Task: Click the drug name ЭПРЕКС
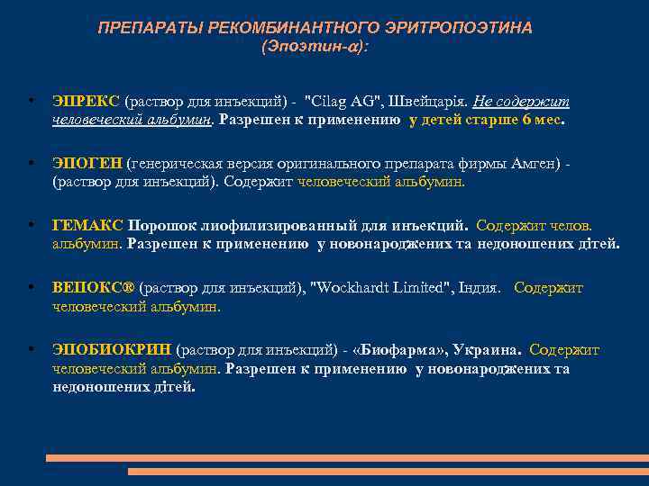[87, 102]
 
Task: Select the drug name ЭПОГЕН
[87, 163]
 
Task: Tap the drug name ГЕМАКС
[88, 225]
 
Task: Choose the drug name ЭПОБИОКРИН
[112, 350]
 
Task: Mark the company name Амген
[532, 163]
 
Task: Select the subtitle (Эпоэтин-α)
[315, 45]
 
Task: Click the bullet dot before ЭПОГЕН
[32, 163]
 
